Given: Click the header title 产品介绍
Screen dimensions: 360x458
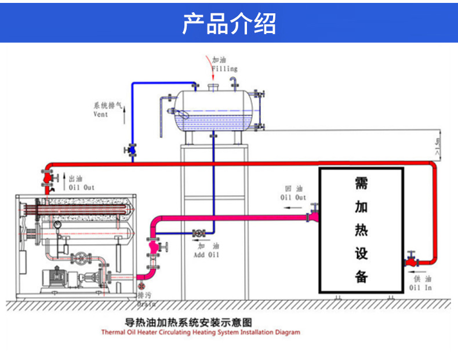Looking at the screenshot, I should pos(229,23).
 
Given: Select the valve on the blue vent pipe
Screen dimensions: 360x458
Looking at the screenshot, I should pos(132,150).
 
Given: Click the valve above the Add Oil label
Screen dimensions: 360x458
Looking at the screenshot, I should pos(199,234).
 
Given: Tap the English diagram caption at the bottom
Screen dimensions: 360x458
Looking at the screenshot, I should pos(201,333).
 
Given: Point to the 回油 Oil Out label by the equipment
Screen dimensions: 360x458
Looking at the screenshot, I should pos(293,193).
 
